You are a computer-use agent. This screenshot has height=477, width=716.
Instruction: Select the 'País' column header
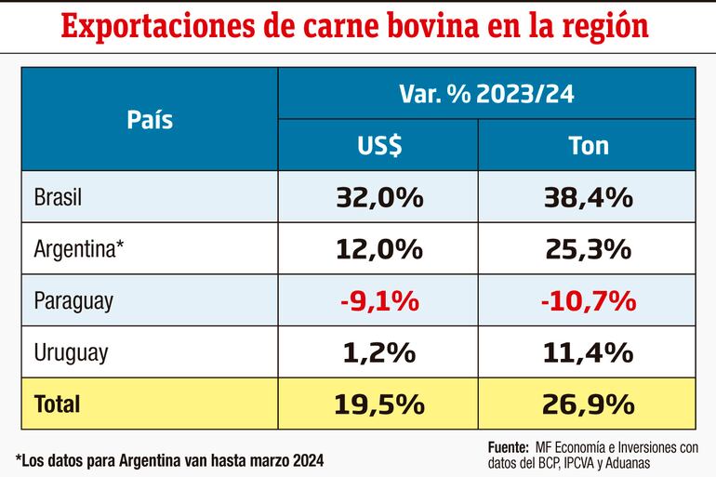coord(150,120)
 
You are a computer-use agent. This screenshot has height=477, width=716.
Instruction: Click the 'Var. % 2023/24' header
coord(485,94)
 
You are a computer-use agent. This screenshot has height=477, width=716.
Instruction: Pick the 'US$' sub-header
coord(378,146)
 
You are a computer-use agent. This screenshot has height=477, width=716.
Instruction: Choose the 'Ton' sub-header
coord(588,146)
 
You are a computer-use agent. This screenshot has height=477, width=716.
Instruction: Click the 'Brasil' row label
coord(58,197)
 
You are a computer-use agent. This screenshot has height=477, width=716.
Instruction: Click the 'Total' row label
coord(57,404)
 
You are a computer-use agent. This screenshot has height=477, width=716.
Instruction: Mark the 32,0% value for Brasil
coord(378,197)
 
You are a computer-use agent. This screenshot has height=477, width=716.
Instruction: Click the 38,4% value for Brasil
coord(588,197)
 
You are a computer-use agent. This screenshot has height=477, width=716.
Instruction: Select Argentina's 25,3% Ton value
coord(588,249)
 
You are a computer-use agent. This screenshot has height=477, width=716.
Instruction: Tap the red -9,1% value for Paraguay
coord(378,300)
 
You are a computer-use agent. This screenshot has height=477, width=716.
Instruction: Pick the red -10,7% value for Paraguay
coord(588,300)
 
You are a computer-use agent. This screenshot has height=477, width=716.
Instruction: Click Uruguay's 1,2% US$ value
coord(378,352)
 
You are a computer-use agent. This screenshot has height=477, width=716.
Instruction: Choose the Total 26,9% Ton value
coord(588,404)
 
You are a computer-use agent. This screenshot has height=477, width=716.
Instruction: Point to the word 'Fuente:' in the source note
coord(508,446)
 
